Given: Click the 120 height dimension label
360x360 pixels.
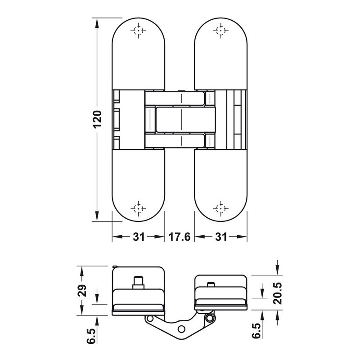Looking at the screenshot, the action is (98, 119).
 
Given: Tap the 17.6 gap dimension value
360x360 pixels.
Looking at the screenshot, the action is (180, 237).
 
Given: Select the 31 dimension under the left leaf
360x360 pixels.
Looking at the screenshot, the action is (139, 237).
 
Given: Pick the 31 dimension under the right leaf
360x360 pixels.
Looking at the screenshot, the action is (221, 237).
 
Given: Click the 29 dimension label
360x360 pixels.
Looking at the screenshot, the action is (82, 291).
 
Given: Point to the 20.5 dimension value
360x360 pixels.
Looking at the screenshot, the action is (277, 293).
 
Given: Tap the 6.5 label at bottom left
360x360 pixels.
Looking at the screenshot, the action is (91, 336).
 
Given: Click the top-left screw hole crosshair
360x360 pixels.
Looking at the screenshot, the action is (139, 30).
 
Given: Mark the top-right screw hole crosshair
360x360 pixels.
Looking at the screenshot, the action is (221, 30).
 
